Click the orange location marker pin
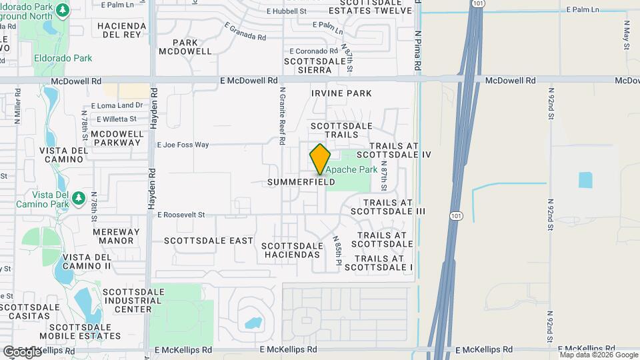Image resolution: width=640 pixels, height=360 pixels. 320,159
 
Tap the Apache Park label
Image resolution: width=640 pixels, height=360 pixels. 351,170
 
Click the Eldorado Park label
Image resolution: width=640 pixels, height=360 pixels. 63,58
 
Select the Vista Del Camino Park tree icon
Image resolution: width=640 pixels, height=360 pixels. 79,198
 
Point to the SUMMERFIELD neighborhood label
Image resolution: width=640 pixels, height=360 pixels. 301,182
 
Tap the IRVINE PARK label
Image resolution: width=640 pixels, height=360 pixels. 341,93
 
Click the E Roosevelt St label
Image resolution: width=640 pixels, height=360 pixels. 181,215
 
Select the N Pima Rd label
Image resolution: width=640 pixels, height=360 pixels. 417,50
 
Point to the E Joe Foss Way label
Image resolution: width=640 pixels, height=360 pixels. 183,145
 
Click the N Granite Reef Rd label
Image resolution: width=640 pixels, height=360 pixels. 283,117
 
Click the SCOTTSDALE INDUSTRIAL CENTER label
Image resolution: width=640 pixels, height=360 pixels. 128,300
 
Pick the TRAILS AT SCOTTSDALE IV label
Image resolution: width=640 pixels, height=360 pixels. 400,150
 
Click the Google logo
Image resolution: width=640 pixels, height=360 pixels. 21,351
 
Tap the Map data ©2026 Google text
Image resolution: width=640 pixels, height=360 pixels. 598,355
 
